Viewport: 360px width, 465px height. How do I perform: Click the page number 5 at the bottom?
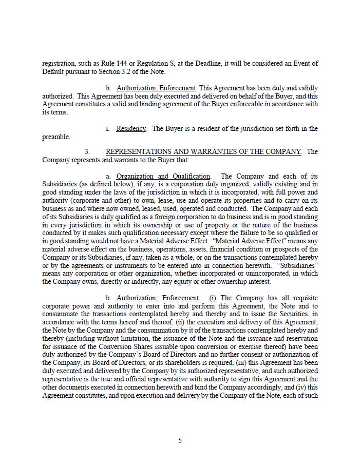point(180,440)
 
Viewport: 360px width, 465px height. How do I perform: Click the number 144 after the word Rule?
point(119,64)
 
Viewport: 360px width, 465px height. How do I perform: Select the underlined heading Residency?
point(131,129)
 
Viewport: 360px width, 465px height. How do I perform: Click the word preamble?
point(55,137)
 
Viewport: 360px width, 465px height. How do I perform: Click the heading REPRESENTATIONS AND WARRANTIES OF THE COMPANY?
point(203,152)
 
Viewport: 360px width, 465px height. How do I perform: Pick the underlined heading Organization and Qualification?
point(163,177)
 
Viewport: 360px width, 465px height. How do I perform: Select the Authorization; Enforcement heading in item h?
point(156,88)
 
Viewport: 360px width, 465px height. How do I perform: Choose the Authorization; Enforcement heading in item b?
point(157,298)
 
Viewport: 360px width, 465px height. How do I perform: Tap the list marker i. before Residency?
point(107,129)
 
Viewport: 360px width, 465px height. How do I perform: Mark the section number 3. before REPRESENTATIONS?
point(87,152)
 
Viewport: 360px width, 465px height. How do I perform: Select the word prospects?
point(292,249)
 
